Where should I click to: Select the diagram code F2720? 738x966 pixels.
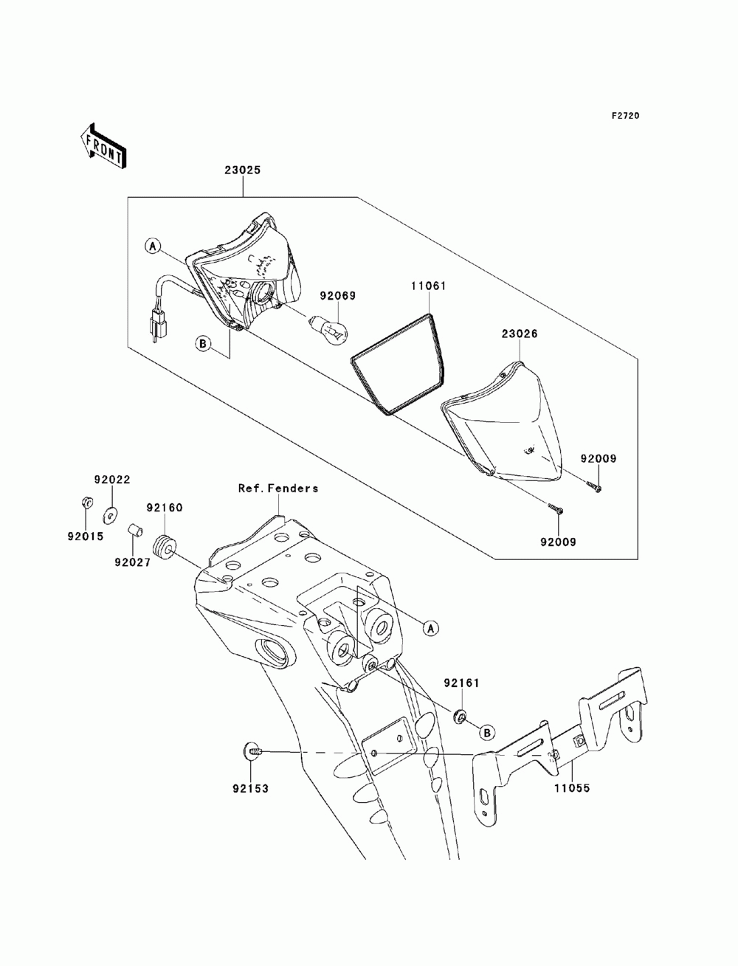[x=625, y=116]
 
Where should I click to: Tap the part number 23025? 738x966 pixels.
[x=243, y=170]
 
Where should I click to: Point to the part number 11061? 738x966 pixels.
[x=428, y=286]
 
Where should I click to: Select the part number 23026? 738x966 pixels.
[x=520, y=334]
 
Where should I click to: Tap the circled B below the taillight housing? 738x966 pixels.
[x=203, y=344]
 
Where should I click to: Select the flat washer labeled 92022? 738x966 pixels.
[x=109, y=514]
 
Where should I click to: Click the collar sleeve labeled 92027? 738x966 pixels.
[x=134, y=531]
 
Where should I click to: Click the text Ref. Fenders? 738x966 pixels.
[x=278, y=488]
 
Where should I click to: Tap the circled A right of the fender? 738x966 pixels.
[x=431, y=628]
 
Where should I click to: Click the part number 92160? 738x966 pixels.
[x=165, y=508]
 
